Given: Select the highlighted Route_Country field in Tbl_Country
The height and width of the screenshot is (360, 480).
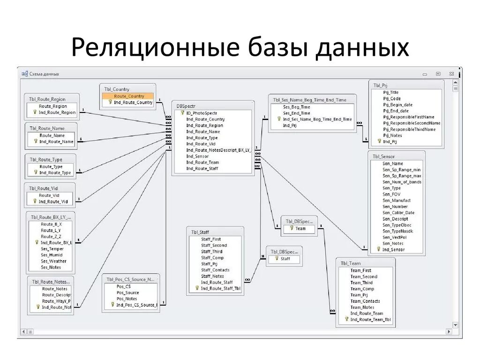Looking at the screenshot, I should coord(129,96).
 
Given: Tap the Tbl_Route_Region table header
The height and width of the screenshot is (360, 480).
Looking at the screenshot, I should coord(47,99).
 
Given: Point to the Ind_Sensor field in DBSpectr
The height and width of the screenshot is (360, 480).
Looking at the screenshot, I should coord(197,156).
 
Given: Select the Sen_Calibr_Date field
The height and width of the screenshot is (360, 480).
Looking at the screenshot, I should coord(398,212).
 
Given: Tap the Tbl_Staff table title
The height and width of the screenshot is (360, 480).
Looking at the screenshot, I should coord(200,232).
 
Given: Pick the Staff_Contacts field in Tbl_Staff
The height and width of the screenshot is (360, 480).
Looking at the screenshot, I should coord(216,270).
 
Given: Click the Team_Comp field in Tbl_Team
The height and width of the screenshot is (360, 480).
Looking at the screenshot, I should coord(362,289).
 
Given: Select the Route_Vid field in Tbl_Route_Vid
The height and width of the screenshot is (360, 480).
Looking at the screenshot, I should coord(49,195).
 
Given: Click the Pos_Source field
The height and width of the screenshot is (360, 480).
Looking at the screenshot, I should coord(127,292).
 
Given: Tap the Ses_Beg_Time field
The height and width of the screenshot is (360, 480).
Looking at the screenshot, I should coord(297,107).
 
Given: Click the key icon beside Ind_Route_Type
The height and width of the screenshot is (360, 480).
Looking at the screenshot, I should coord(35,172).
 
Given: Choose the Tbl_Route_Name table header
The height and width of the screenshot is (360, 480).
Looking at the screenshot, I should coord(47,128).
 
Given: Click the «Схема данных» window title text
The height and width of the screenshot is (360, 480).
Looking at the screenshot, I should coord(44,74).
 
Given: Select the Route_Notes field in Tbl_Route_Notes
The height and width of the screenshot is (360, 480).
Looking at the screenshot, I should coord(55,289).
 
